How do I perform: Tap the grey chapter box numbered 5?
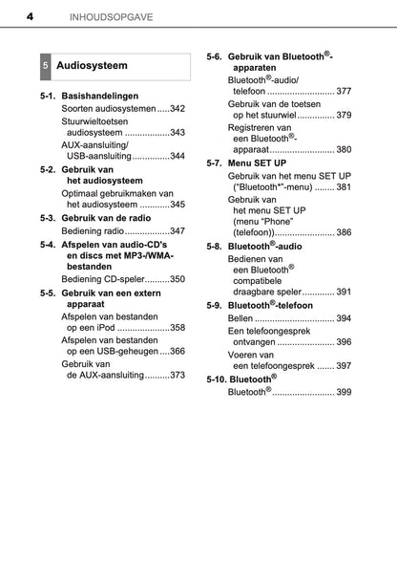tap(46, 67)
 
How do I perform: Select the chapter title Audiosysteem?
tap(92, 67)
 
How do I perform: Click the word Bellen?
tap(240, 317)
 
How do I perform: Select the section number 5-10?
tap(217, 379)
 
